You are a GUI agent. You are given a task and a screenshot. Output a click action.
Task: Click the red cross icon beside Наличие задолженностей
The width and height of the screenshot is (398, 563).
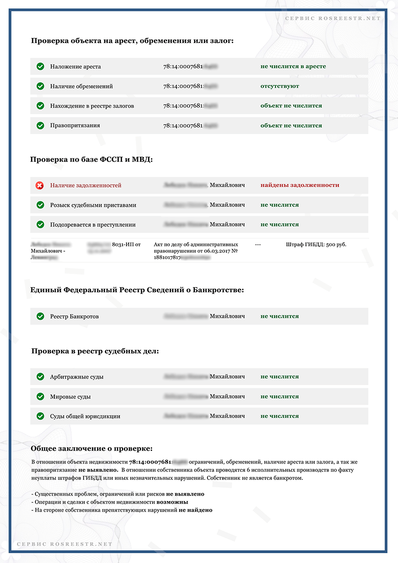(40, 185)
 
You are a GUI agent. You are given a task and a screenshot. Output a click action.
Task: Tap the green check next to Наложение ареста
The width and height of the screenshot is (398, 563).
(40, 66)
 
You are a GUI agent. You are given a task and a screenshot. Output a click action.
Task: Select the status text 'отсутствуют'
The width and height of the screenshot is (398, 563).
(279, 86)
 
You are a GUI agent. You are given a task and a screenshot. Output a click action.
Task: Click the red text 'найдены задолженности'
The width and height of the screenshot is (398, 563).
(300, 185)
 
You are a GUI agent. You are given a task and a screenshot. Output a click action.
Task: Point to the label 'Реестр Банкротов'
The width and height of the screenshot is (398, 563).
(74, 317)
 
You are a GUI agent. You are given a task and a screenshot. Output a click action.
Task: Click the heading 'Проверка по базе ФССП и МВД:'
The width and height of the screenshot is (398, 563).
(91, 159)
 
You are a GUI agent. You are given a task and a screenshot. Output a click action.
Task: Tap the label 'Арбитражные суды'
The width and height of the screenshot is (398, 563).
(77, 377)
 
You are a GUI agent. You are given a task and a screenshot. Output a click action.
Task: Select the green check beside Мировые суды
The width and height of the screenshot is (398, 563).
(40, 397)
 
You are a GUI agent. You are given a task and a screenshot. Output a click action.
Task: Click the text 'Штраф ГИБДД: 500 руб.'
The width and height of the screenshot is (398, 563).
(316, 245)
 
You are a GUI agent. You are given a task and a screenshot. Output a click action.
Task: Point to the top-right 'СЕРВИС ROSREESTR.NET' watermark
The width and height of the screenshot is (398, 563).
(333, 19)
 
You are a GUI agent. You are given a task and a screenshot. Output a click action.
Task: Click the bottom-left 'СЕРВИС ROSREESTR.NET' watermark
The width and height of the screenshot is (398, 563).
(65, 544)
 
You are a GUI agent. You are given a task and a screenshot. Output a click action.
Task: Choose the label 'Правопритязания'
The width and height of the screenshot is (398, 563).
(75, 126)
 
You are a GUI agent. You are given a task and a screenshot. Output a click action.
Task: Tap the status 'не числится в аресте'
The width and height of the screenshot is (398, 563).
(293, 66)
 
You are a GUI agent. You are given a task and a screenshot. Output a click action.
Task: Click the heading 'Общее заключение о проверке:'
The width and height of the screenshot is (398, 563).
(92, 448)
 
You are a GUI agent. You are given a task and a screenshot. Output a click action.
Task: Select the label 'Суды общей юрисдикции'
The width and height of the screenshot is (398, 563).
(85, 416)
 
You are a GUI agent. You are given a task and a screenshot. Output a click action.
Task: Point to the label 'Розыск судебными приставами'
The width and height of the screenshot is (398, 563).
(93, 205)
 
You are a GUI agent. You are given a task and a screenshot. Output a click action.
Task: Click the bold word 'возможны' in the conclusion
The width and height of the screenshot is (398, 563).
(172, 502)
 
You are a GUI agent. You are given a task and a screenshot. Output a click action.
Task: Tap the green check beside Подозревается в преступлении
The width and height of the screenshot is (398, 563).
(40, 225)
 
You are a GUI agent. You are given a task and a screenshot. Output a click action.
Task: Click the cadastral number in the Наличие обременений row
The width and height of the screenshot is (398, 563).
(190, 86)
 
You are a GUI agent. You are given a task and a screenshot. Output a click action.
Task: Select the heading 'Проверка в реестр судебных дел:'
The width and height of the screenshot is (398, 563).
(95, 352)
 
